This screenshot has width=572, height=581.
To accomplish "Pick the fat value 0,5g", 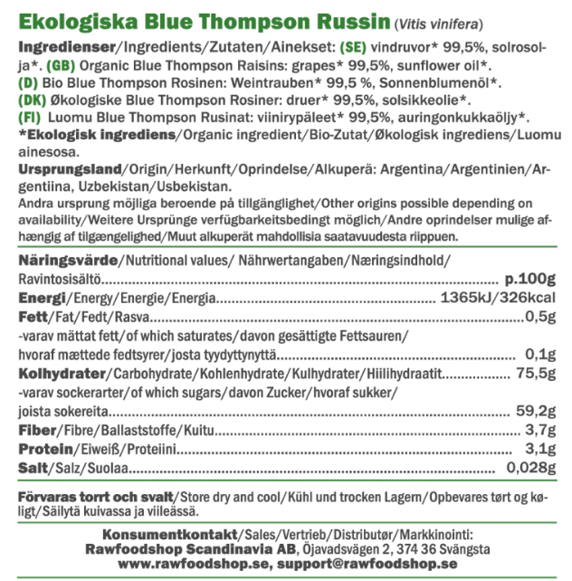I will click(539, 316).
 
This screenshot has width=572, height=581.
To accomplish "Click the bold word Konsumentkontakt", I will click(170, 534).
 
